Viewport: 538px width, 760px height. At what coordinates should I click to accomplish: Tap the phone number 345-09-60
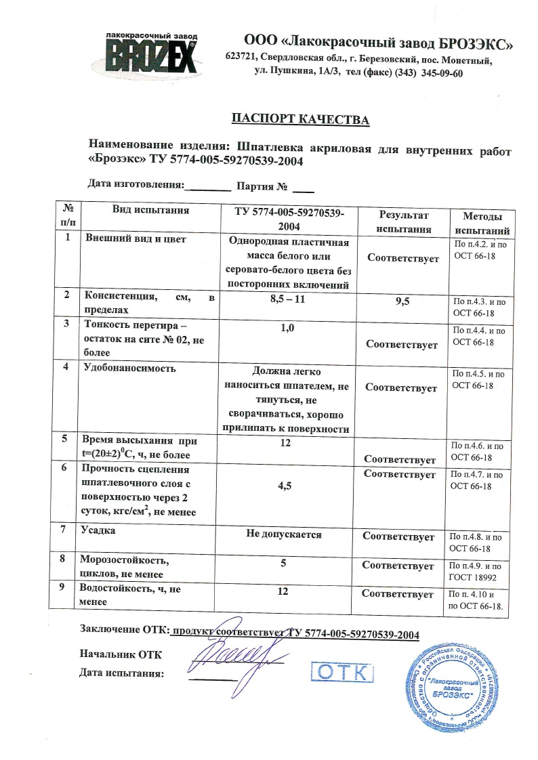pyautogui.click(x=442, y=73)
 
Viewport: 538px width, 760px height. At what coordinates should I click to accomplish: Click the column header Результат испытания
pyautogui.click(x=405, y=221)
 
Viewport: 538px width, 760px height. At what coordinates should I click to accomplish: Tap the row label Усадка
pyautogui.click(x=98, y=530)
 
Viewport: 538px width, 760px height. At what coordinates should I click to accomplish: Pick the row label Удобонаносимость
pyautogui.click(x=129, y=368)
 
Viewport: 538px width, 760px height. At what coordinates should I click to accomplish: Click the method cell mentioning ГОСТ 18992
pyautogui.click(x=475, y=572)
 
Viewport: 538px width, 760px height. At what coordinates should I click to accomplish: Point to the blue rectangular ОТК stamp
pyautogui.click(x=342, y=672)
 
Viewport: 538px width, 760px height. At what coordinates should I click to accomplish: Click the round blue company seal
pyautogui.click(x=453, y=685)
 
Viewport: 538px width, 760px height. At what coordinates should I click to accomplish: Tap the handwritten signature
pyautogui.click(x=241, y=653)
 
